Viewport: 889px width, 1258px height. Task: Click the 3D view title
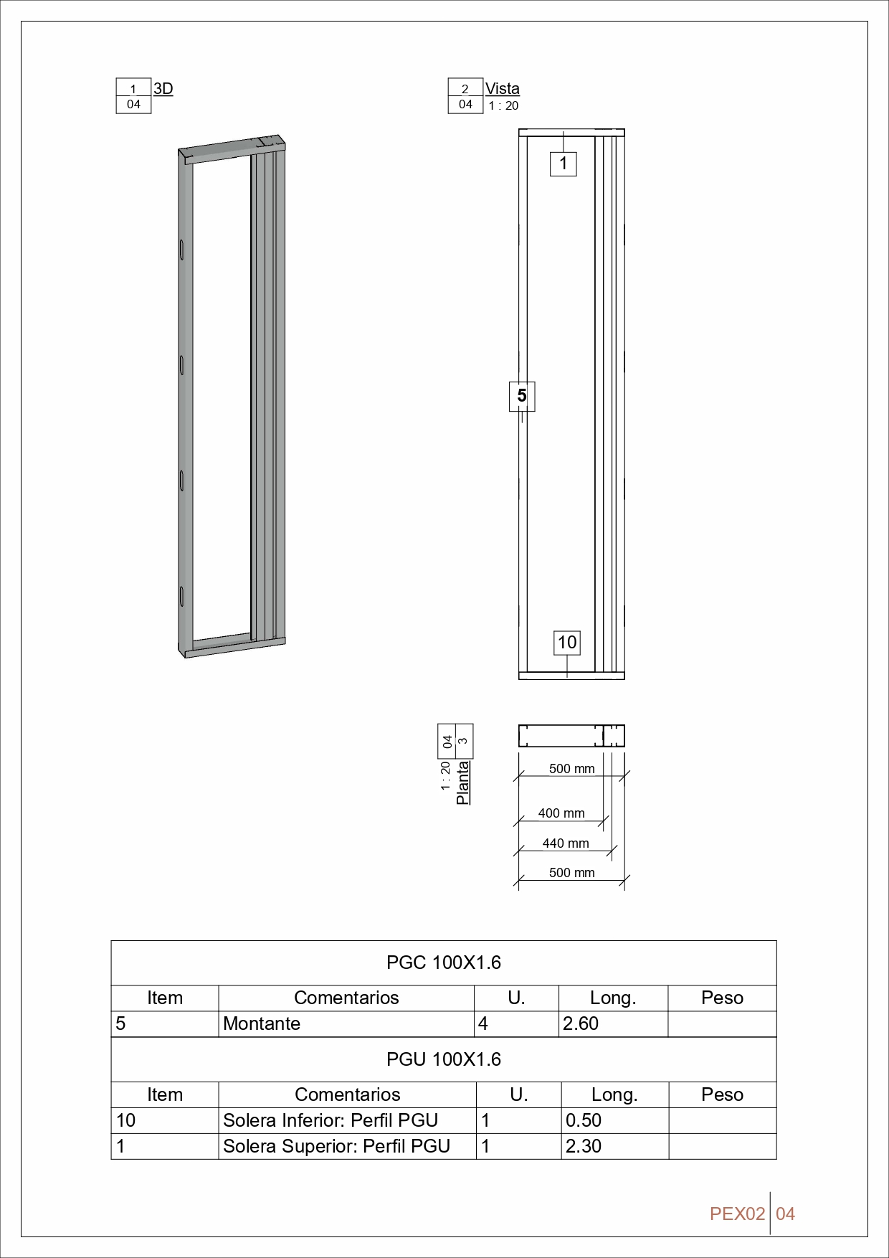click(x=163, y=88)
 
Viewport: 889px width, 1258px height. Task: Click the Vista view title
click(x=502, y=88)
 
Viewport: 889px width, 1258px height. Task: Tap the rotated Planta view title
click(x=463, y=782)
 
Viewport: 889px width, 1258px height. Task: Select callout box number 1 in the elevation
click(x=564, y=164)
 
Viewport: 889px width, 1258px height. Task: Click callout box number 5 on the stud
click(x=522, y=395)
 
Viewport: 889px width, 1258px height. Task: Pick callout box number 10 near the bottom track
click(x=566, y=642)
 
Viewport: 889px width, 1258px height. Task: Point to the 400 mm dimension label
click(x=561, y=813)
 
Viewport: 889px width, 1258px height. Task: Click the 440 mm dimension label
click(x=566, y=843)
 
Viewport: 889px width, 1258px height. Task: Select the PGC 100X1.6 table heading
click(x=443, y=963)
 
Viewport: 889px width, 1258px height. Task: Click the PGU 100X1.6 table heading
click(x=443, y=1059)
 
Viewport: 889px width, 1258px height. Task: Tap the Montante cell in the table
click(x=262, y=1023)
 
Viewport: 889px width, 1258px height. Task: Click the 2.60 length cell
click(x=581, y=1023)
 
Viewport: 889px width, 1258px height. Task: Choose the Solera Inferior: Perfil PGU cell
click(x=331, y=1120)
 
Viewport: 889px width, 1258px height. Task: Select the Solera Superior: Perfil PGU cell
click(x=336, y=1146)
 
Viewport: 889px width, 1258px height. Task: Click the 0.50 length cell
click(x=584, y=1120)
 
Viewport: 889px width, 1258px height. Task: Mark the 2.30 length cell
click(x=584, y=1146)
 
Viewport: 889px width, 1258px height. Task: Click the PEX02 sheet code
click(x=737, y=1214)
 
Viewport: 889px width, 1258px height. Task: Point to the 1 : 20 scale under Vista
click(x=503, y=105)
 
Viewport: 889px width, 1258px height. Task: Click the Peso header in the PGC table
click(x=722, y=998)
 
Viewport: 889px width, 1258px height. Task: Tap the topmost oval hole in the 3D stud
click(x=182, y=250)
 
